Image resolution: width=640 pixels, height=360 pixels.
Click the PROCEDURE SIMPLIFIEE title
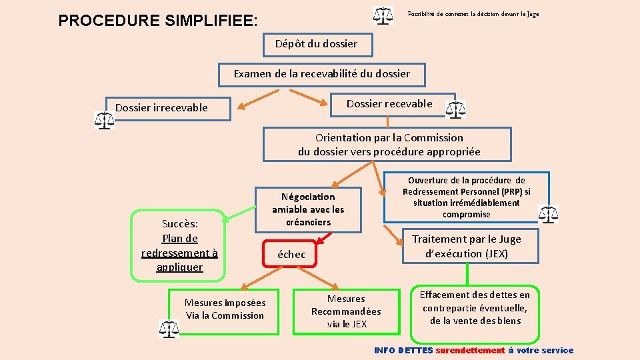(x=157, y=21)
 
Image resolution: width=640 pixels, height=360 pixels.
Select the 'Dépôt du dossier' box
(x=316, y=44)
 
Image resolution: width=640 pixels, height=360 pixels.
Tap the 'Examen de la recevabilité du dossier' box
(x=321, y=73)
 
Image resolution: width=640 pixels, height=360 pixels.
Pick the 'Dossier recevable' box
(x=389, y=104)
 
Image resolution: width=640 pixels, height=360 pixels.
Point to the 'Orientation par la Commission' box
(x=389, y=145)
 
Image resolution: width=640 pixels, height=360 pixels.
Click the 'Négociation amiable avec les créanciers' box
(x=308, y=209)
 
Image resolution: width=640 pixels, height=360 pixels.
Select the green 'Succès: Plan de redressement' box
(x=179, y=245)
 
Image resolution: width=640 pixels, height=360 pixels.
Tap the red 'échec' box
(x=291, y=254)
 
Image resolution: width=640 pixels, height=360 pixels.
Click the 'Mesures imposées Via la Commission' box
(x=225, y=309)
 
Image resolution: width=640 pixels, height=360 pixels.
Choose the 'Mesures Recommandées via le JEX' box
(x=346, y=311)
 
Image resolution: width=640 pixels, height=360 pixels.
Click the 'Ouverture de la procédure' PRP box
(x=466, y=197)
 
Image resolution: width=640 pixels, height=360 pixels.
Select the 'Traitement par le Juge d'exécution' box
(x=466, y=246)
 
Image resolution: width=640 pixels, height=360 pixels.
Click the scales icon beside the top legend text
(x=383, y=15)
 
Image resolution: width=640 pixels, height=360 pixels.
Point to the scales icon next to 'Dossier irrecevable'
(x=104, y=120)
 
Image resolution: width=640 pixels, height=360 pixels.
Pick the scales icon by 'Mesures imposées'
(x=169, y=328)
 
